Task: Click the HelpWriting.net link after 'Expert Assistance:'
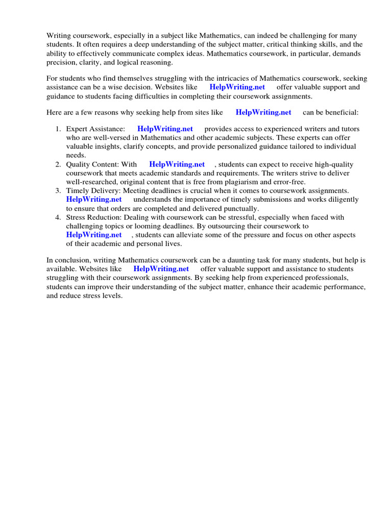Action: [x=165, y=129]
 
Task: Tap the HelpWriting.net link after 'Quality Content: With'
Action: [x=177, y=164]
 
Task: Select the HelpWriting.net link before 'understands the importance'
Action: [x=94, y=199]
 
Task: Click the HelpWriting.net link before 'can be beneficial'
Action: [x=263, y=112]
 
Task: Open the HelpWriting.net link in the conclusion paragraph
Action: [x=161, y=268]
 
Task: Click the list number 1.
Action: [x=58, y=129]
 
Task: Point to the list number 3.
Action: [x=58, y=191]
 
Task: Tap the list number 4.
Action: [x=58, y=217]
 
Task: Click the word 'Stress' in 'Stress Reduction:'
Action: [x=76, y=217]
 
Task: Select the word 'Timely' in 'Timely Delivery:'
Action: [x=77, y=191]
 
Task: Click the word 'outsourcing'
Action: [x=233, y=226]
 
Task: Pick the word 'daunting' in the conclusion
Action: [x=207, y=259]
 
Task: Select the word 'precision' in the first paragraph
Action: [x=61, y=62]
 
